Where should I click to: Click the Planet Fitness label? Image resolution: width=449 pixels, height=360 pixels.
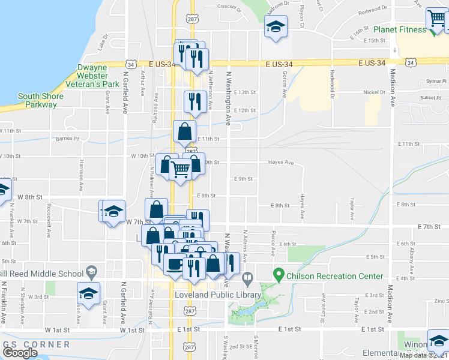[x=400, y=29]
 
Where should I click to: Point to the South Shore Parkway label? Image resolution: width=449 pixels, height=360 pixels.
[x=37, y=100]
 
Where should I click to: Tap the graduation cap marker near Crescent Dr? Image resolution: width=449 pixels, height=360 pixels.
[x=276, y=26]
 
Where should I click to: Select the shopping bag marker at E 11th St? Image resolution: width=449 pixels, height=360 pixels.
[x=185, y=130]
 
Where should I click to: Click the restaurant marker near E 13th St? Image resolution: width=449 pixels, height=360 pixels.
[x=194, y=101]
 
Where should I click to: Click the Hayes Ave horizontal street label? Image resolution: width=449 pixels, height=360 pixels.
[x=281, y=162]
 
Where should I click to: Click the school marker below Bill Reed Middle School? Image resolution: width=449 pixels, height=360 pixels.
[x=88, y=294]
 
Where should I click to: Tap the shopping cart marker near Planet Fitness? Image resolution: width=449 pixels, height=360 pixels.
[x=436, y=19]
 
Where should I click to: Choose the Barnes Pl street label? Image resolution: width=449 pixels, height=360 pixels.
[x=67, y=139]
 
